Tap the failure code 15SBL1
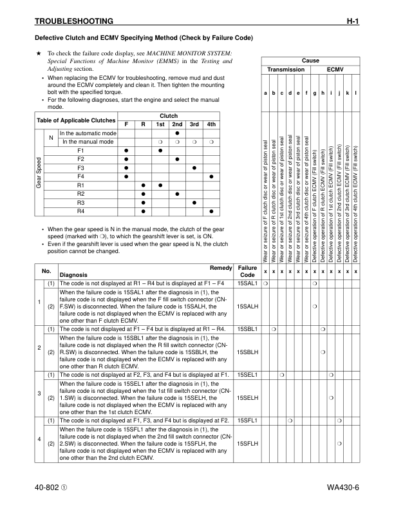[x=247, y=330]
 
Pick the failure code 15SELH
[x=247, y=399]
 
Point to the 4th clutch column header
[x=211, y=124]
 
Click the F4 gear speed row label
[x=80, y=176]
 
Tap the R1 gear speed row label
[x=80, y=185]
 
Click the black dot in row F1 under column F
[x=126, y=150]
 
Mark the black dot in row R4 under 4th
[x=211, y=212]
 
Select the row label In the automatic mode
[x=88, y=133]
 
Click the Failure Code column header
[x=247, y=272]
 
